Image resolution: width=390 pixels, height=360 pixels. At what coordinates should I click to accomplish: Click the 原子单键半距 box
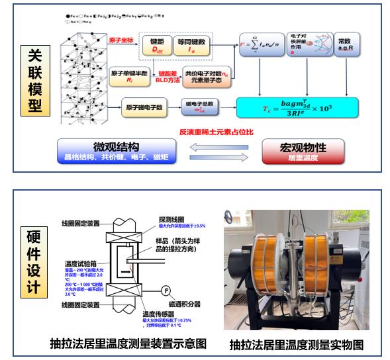pyautogui.click(x=130, y=75)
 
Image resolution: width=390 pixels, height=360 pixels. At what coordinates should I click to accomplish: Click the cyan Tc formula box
pyautogui.click(x=297, y=107)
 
